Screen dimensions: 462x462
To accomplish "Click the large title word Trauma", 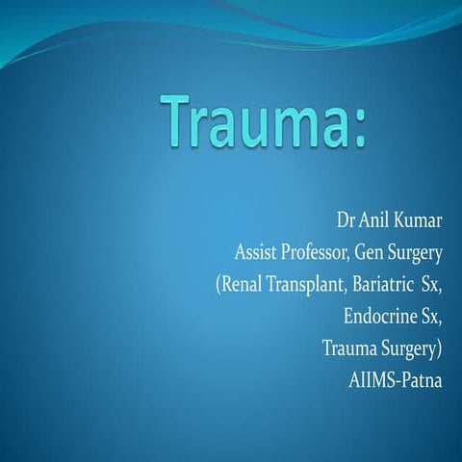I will click(x=257, y=123).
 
